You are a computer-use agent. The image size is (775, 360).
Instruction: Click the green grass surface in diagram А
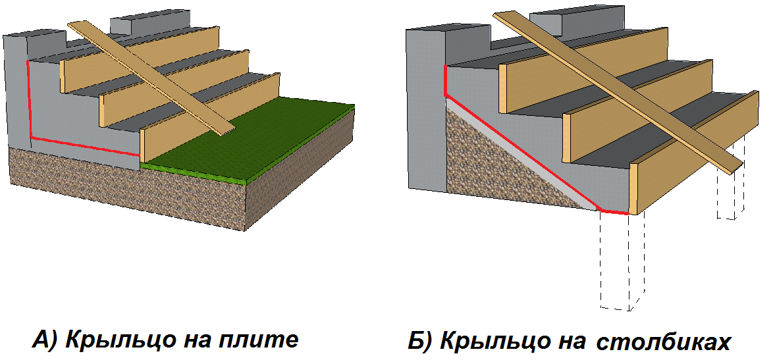(x=263, y=138)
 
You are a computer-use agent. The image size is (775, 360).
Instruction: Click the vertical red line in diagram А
(x=29, y=99)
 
